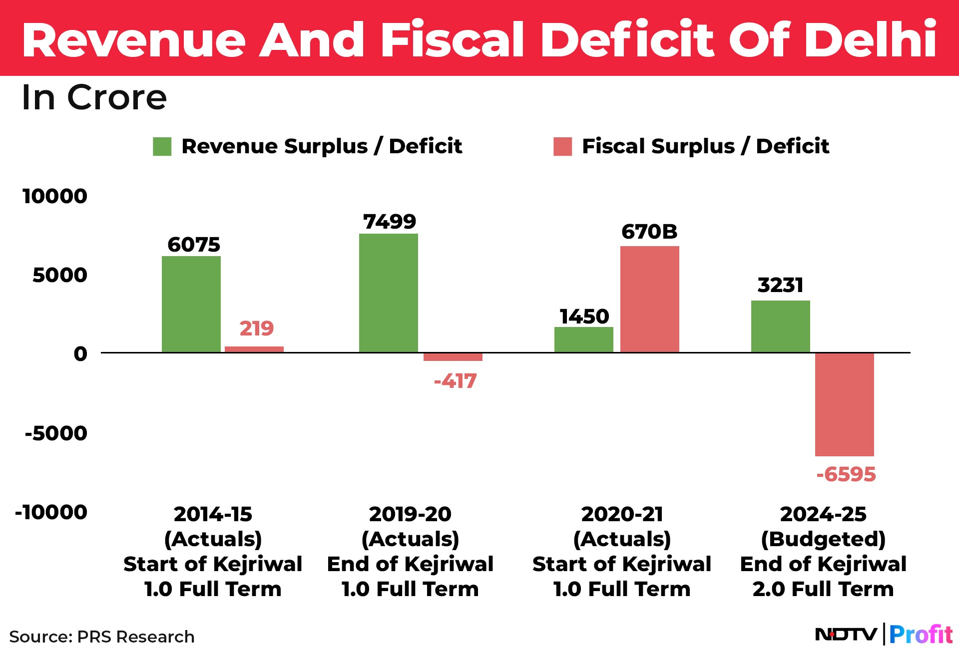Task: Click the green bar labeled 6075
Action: (191, 304)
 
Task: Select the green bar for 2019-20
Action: (388, 293)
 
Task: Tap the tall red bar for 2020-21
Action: (649, 299)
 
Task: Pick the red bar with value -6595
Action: (844, 404)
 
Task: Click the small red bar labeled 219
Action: (254, 349)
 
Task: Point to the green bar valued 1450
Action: (583, 339)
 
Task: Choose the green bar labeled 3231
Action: (780, 326)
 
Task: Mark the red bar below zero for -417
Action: (453, 357)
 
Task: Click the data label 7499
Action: (390, 222)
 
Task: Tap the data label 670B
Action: (649, 232)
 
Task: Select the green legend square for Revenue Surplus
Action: (162, 147)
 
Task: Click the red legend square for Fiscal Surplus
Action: (562, 147)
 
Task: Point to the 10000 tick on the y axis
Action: (55, 196)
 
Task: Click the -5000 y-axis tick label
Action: (56, 433)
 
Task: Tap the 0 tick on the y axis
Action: (80, 354)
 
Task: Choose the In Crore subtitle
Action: (94, 97)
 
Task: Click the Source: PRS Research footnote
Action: (102, 637)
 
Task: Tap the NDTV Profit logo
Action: (883, 635)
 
